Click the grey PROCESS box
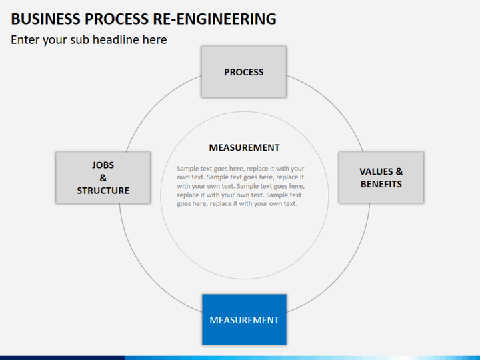pyautogui.click(x=244, y=72)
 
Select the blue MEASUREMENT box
pyautogui.click(x=244, y=319)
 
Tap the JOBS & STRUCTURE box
pyautogui.click(x=103, y=177)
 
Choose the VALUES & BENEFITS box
pyautogui.click(x=381, y=177)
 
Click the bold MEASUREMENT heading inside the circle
pyautogui.click(x=244, y=147)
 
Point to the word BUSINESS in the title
pyautogui.click(x=45, y=19)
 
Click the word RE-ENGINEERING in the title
pyautogui.click(x=215, y=19)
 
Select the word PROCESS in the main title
pyautogui.click(x=117, y=19)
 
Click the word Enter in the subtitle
pyautogui.click(x=25, y=40)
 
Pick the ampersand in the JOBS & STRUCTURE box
pyautogui.click(x=103, y=177)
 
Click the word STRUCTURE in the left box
pyautogui.click(x=103, y=191)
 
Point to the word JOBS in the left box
pyautogui.click(x=103, y=165)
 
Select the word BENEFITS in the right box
pyautogui.click(x=381, y=184)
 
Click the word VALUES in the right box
pyautogui.click(x=376, y=171)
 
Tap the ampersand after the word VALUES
pyautogui.click(x=399, y=171)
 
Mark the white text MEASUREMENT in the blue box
pyautogui.click(x=244, y=320)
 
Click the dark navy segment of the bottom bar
pyautogui.click(x=63, y=358)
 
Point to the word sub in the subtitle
pyautogui.click(x=80, y=40)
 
